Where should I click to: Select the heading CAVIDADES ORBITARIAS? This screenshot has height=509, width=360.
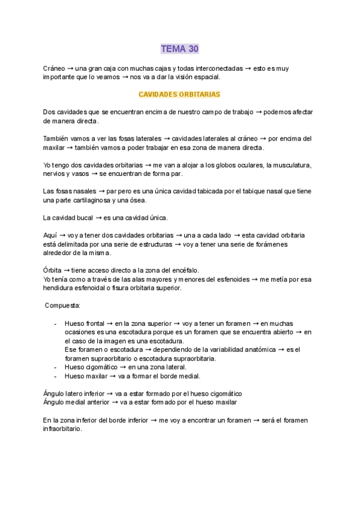179,94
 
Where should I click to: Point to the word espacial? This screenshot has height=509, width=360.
206,77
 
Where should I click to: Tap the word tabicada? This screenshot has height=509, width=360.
236,191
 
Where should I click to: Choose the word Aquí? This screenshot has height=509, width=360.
50,235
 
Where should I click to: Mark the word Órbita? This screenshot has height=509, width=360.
52,271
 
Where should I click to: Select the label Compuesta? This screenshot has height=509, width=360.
63,306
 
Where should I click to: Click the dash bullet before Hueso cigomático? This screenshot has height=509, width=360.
56,367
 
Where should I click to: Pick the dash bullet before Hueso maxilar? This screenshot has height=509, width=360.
56,376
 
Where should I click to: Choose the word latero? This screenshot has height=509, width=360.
80,394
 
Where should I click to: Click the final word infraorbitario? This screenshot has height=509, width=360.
62,429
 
